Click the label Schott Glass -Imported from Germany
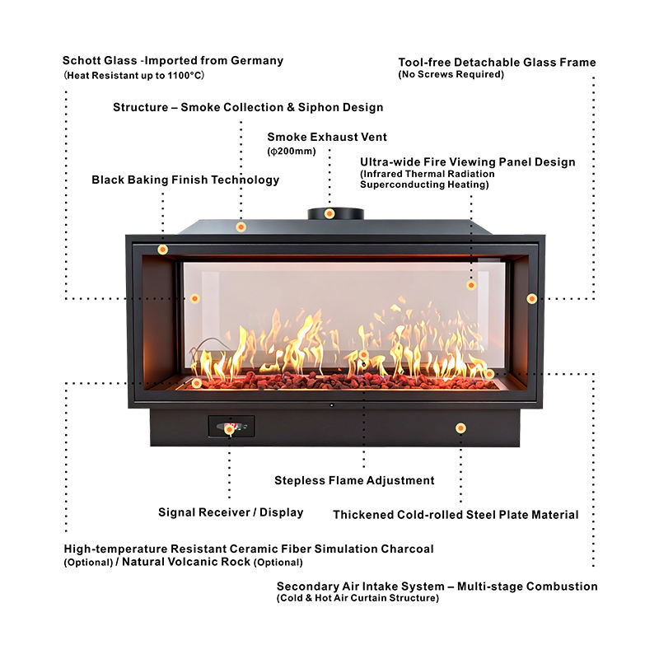(173, 60)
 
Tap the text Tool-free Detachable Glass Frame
(497, 63)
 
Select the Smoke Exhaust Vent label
(327, 137)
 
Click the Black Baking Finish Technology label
(185, 180)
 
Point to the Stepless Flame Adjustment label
(354, 480)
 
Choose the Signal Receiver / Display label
(231, 512)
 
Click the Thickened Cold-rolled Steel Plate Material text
(456, 515)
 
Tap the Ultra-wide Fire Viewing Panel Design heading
(468, 162)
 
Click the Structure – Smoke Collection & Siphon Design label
(248, 107)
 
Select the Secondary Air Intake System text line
(437, 587)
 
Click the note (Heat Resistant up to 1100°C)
(133, 75)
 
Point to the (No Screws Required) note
(451, 75)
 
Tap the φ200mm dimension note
(292, 152)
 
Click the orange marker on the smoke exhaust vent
(329, 213)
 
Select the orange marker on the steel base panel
(460, 428)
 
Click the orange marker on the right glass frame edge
(532, 298)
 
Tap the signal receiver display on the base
(231, 427)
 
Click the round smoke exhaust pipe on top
(336, 213)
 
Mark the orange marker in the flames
(363, 355)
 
